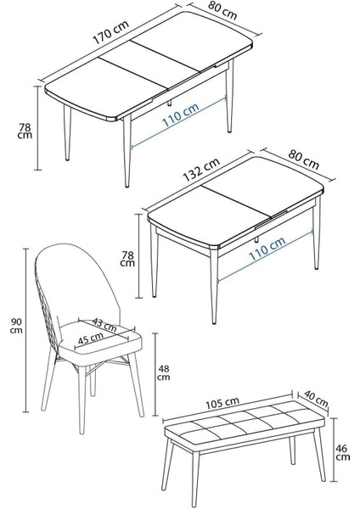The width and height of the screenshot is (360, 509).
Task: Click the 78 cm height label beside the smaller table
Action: [127, 259]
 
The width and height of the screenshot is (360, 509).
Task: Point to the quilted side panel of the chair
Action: [50, 314]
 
